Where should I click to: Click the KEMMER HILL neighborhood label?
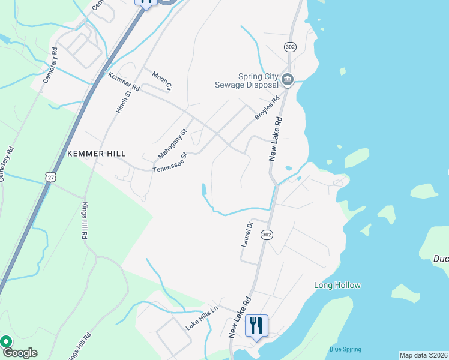97,154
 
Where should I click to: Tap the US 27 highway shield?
50,175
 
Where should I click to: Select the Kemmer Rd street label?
124,82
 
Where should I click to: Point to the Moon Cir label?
162,80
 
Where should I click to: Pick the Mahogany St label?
173,143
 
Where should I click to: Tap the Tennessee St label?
170,163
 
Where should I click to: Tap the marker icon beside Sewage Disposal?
288,79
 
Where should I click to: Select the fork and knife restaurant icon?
256,325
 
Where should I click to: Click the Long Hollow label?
337,286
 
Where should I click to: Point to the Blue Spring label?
344,349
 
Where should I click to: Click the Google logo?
19,353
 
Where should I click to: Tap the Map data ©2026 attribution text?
423,355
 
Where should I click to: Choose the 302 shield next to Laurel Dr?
267,235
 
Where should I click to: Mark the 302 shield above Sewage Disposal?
291,46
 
